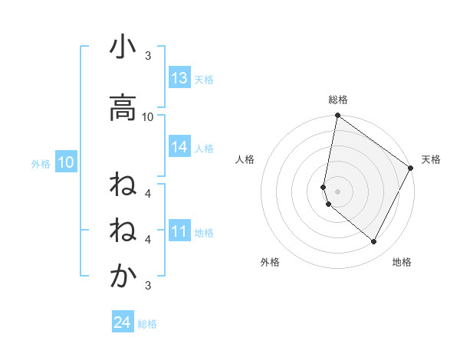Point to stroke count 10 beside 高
(148, 116)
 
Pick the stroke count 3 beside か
(148, 286)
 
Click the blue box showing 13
(179, 78)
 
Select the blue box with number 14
(179, 147)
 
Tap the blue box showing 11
(179, 231)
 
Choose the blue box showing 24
(122, 322)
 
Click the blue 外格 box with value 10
(66, 162)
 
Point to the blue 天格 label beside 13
(204, 79)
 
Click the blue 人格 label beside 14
(204, 148)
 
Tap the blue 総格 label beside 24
(147, 323)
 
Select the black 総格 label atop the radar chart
(338, 100)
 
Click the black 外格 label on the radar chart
(270, 262)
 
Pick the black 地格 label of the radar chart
(402, 262)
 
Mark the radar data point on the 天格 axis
(412, 168)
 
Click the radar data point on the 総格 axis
(337, 116)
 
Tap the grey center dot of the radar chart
(337, 191)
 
